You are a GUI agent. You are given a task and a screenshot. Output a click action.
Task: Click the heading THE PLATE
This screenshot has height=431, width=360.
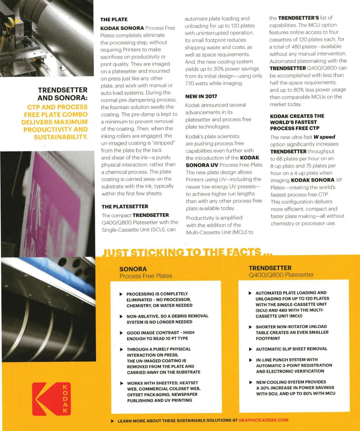114,20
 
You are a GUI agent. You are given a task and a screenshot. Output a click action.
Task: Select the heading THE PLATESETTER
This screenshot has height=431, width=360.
125,206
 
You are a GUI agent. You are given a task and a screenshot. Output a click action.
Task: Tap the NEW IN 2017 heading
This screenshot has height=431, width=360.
201,96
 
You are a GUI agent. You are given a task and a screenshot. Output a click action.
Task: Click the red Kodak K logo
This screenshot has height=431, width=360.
51,399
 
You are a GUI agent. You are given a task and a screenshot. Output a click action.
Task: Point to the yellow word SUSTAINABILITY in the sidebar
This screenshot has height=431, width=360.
60,136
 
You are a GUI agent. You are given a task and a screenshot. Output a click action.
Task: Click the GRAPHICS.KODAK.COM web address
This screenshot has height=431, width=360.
263,420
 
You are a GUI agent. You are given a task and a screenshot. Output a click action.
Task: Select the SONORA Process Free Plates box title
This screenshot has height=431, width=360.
146,272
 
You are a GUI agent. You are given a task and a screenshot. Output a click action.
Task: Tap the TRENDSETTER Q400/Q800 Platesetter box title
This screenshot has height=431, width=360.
281,271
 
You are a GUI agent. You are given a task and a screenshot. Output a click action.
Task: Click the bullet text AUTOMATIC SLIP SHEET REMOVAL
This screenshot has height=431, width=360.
291,349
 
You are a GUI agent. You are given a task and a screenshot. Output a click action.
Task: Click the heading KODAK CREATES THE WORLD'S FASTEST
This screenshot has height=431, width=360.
297,122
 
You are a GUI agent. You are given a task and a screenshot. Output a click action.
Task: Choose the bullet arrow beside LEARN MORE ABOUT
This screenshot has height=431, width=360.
112,420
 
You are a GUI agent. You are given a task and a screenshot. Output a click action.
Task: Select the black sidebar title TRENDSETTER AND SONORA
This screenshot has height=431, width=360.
63,94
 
